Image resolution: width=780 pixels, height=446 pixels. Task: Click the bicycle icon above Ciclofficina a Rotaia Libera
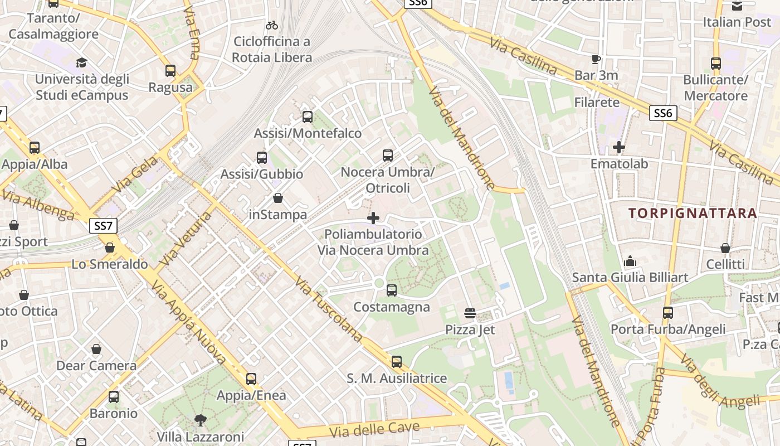[x=272, y=25]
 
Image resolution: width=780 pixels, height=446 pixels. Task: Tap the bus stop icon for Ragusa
[x=170, y=71]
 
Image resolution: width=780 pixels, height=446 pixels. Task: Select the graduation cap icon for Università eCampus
[x=82, y=62]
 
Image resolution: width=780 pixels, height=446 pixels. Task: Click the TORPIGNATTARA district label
[x=693, y=213]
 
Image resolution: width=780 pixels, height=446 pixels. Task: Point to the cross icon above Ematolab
[x=619, y=147]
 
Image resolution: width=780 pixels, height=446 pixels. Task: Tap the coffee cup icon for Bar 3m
[x=596, y=59]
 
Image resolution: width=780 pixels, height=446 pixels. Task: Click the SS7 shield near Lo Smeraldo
[x=103, y=226]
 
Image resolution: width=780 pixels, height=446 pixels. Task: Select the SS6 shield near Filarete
[x=663, y=114]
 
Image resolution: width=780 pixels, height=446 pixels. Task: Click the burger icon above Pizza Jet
[x=470, y=313]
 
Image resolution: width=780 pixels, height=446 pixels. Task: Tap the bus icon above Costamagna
[x=392, y=290]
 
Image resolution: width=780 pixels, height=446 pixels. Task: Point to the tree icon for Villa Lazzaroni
[x=200, y=420]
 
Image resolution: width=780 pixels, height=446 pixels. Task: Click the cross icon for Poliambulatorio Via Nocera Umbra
[x=373, y=218]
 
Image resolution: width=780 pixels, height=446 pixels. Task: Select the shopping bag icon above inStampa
[x=278, y=198]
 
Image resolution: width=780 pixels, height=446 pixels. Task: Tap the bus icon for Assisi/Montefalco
[x=308, y=117]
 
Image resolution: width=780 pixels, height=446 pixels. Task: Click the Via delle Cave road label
[x=374, y=429]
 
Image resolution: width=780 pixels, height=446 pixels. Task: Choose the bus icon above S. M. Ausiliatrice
[x=397, y=362]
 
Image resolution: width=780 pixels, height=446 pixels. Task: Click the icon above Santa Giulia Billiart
[x=630, y=260]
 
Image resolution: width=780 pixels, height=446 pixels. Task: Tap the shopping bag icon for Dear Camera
[x=96, y=350]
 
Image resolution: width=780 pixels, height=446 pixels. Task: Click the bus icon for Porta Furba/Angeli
[x=668, y=313]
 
